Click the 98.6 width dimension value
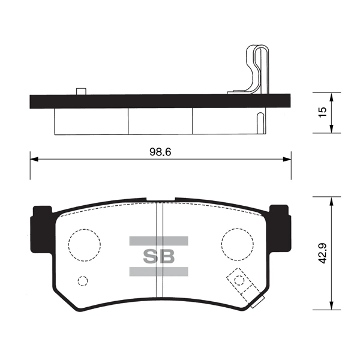click(x=161, y=152)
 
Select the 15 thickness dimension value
click(x=323, y=112)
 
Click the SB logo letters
click(x=158, y=256)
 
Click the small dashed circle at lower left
click(x=83, y=280)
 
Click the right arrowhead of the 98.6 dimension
click(x=287, y=159)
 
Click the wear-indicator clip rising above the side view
click(x=256, y=69)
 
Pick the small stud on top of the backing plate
click(x=80, y=91)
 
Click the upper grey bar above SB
click(x=158, y=241)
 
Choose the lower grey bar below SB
click(x=158, y=272)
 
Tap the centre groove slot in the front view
click(x=159, y=252)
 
